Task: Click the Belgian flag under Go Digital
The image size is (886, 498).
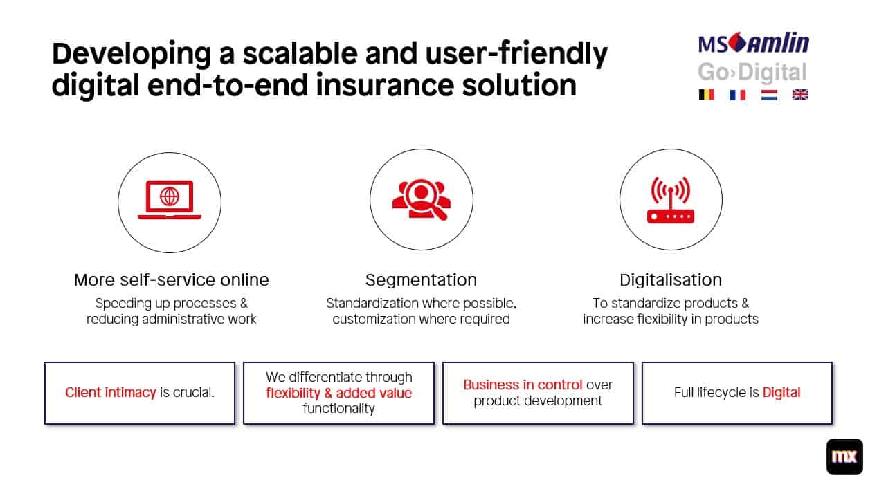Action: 706,95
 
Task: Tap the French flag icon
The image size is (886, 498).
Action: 737,95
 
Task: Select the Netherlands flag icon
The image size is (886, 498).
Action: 769,95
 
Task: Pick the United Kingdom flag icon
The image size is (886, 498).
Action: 800,95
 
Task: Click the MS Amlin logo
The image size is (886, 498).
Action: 753,44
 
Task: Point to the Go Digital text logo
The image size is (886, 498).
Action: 752,72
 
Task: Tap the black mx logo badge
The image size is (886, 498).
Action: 844,456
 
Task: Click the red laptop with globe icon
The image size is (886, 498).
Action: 170,201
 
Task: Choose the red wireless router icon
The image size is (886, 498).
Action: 670,201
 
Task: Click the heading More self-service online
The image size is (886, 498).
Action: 171,280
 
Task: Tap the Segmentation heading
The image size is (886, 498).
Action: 421,280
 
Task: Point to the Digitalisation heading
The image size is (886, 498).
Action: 670,280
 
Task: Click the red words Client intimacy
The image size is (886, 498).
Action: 110,393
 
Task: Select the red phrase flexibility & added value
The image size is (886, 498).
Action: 338,393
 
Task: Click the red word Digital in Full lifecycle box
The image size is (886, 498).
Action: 781,393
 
